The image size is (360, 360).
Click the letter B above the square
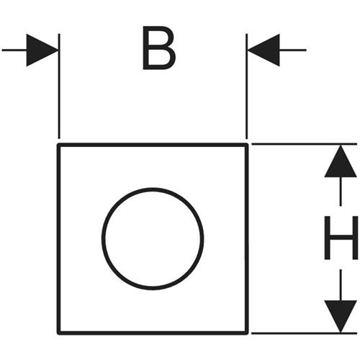[x=159, y=48]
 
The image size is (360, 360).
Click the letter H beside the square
[x=341, y=238]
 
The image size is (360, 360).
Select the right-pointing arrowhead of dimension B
[x=42, y=50]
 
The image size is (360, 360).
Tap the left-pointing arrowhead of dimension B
[x=264, y=50]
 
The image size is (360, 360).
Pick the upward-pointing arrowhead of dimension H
[x=341, y=161]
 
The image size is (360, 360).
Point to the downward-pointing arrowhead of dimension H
[x=341, y=316]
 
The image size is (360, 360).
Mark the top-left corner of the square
[x=58, y=145]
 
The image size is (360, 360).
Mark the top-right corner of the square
[x=247, y=145]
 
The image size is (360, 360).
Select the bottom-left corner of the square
[x=58, y=333]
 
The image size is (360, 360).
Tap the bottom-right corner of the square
[x=247, y=333]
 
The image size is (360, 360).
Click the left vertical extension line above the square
[x=59, y=86]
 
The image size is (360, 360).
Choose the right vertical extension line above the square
[x=247, y=86]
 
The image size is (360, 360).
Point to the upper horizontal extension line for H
[x=304, y=144]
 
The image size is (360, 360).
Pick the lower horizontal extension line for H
[x=304, y=333]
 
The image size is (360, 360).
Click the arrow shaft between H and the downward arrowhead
[x=341, y=284]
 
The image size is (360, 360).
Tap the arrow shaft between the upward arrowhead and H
[x=341, y=192]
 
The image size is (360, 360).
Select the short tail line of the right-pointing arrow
[x=14, y=50]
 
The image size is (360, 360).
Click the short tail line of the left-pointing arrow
[x=293, y=50]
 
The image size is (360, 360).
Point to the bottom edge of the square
[x=153, y=333]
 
